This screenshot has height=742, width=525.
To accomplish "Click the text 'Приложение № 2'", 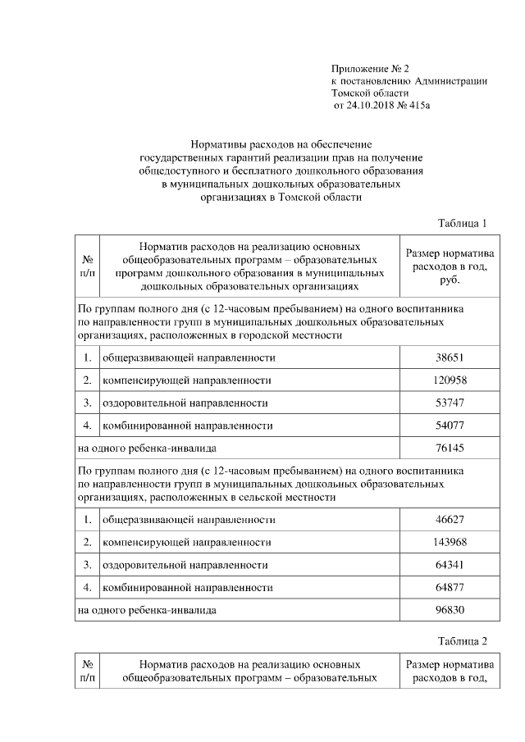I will point(370,68).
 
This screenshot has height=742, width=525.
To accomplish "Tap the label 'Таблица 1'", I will point(463,223).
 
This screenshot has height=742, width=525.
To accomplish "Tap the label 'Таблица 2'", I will point(463,640).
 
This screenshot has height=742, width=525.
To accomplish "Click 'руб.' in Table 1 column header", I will point(449,280).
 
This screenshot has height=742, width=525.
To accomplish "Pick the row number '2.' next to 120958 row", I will point(87,380).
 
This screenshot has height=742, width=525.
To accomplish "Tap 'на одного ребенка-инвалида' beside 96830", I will point(147,610).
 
